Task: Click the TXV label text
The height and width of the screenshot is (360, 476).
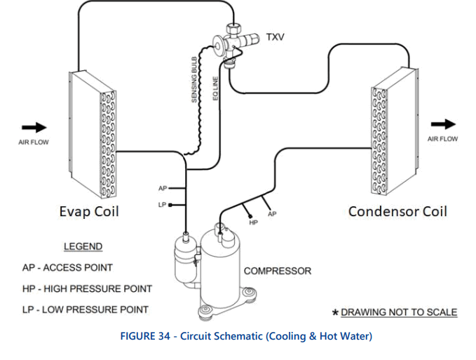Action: (276, 36)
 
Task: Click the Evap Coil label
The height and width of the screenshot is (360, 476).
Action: (88, 212)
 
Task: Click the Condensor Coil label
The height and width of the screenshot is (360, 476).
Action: (397, 211)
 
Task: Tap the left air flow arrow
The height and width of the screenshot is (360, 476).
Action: (33, 127)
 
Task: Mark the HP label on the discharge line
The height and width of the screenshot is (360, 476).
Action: (254, 222)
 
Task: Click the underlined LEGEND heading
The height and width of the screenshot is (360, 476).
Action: (83, 246)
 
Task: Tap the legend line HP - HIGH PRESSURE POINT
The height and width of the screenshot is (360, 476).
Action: (87, 288)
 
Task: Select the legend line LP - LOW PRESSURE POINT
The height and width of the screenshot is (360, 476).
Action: (85, 309)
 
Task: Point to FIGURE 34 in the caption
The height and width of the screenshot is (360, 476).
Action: (149, 336)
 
